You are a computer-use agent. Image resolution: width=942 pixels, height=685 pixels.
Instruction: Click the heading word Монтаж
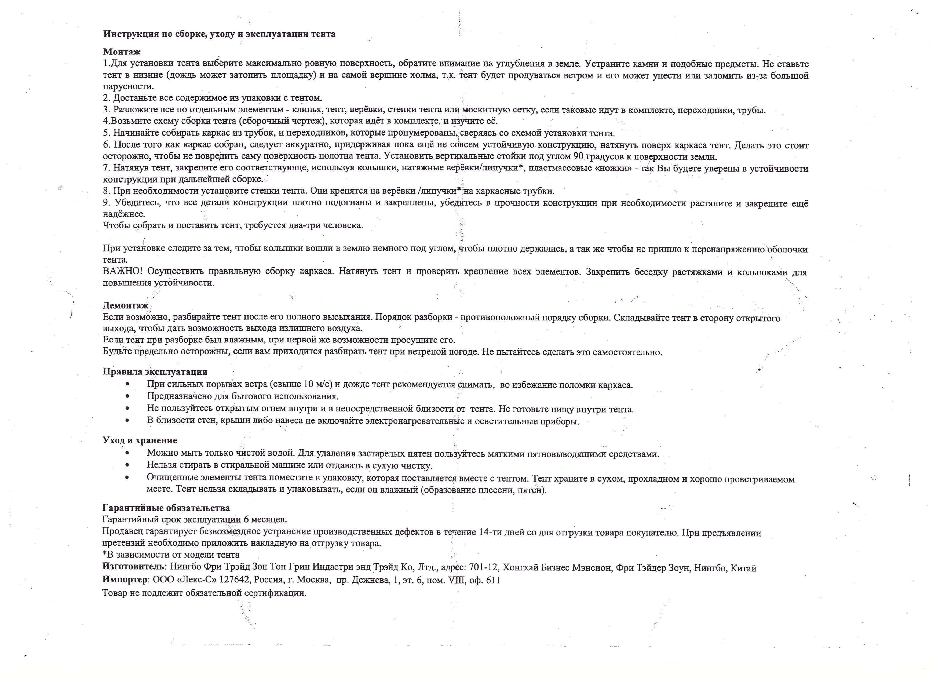pos(122,52)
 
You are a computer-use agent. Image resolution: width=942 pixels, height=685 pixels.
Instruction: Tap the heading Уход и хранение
pos(140,440)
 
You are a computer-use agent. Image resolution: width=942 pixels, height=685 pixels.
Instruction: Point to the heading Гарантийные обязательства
pos(166,508)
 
